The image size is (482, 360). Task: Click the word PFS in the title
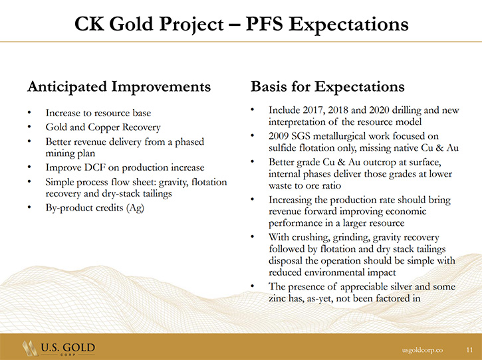(x=265, y=24)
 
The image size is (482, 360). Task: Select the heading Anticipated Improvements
(x=119, y=86)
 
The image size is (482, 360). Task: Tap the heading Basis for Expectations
(x=328, y=86)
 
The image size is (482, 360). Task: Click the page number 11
(x=469, y=350)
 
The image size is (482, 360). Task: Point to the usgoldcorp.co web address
(x=423, y=350)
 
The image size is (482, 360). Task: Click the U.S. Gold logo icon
(x=30, y=348)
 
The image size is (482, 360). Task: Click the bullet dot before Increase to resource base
(x=29, y=113)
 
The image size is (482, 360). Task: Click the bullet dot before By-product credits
(x=29, y=208)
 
